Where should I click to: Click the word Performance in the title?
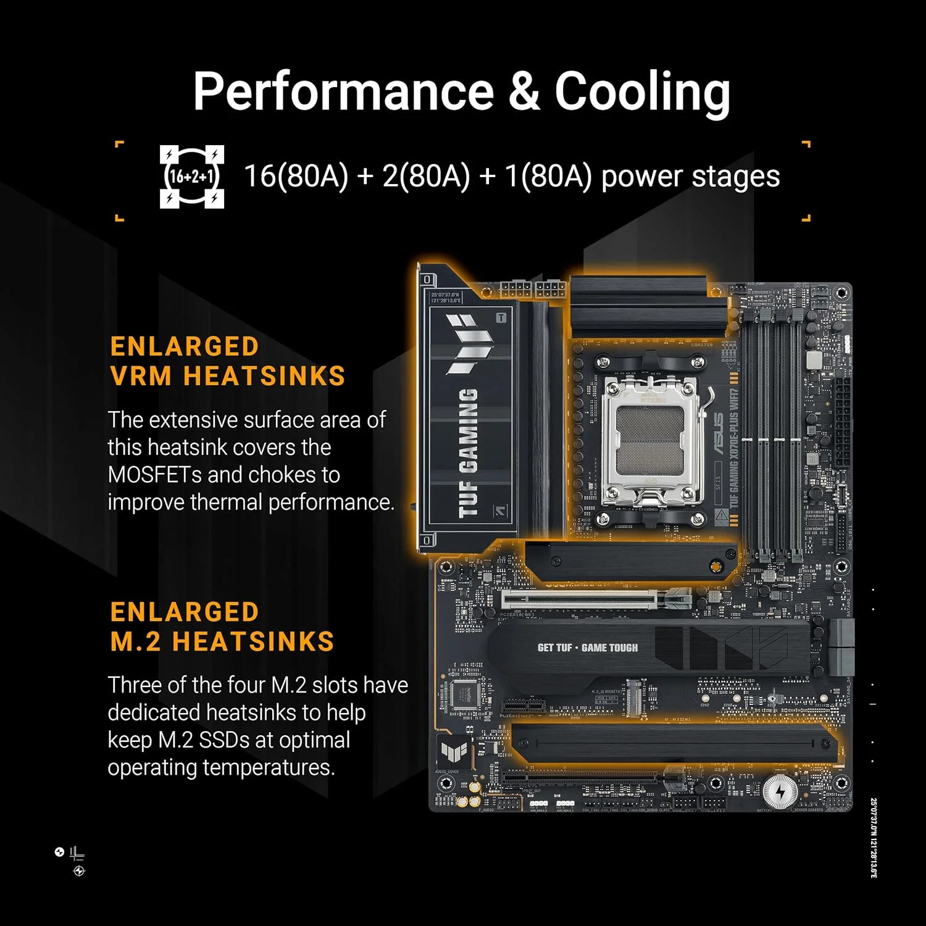pos(343,92)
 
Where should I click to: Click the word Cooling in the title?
pos(642,92)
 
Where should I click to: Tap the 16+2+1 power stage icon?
pos(191,177)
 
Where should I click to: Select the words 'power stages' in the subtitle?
pos(690,177)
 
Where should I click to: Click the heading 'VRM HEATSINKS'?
pos(228,376)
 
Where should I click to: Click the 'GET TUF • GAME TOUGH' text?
pos(587,648)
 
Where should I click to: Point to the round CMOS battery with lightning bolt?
pos(780,791)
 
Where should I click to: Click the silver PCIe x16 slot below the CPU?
pos(586,598)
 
